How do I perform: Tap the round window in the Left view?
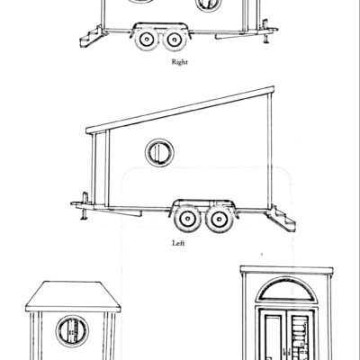[x=159, y=151]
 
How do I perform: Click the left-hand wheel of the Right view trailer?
[x=145, y=40]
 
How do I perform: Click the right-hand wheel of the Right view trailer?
[x=174, y=41]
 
